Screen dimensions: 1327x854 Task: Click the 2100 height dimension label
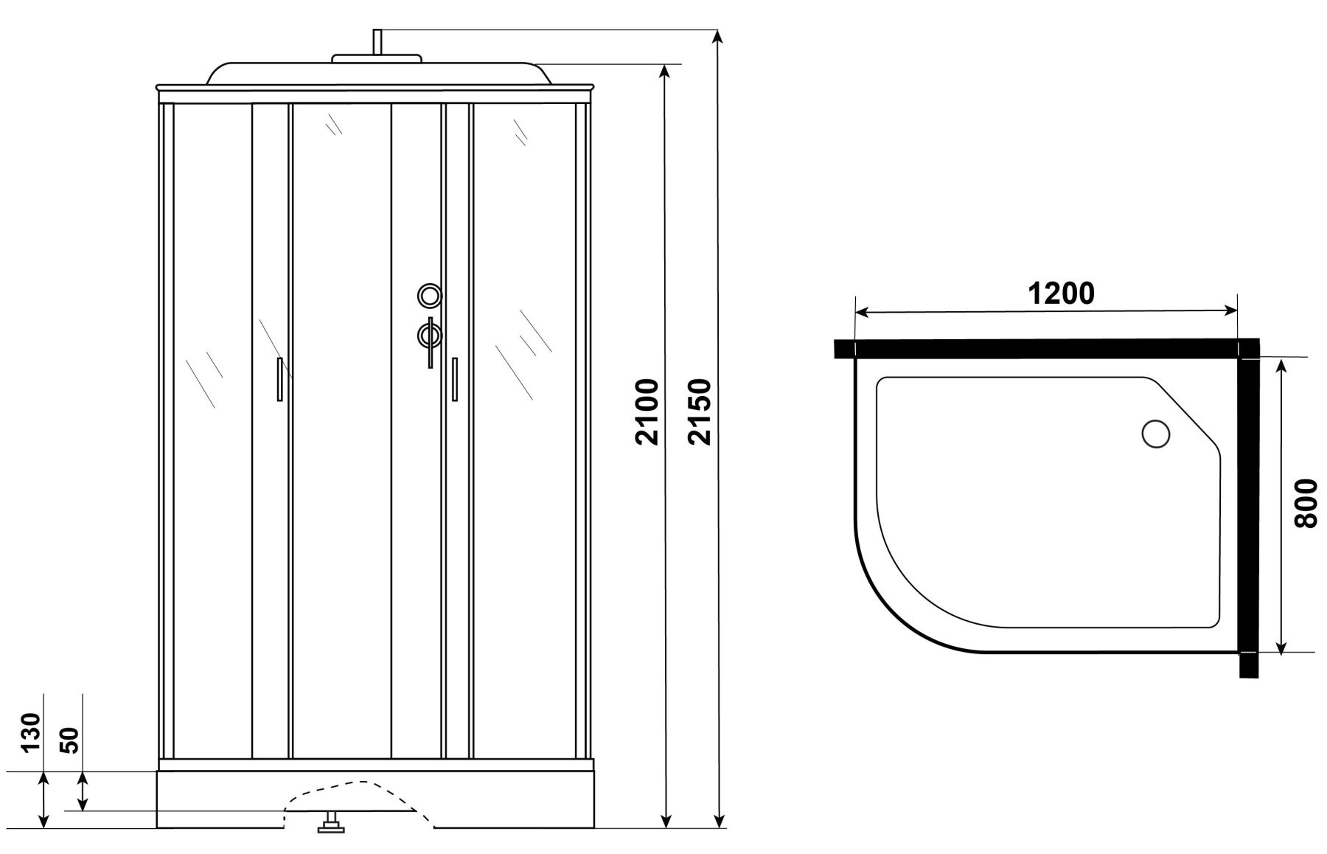pos(647,412)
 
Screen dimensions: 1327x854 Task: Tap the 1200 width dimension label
pos(1061,294)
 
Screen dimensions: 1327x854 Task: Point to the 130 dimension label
pos(29,732)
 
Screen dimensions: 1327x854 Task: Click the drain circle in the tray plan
pos(1155,433)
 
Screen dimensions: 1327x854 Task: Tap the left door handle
pos(279,379)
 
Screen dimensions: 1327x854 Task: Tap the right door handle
pos(454,379)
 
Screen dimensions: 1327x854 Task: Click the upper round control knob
pos(429,296)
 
